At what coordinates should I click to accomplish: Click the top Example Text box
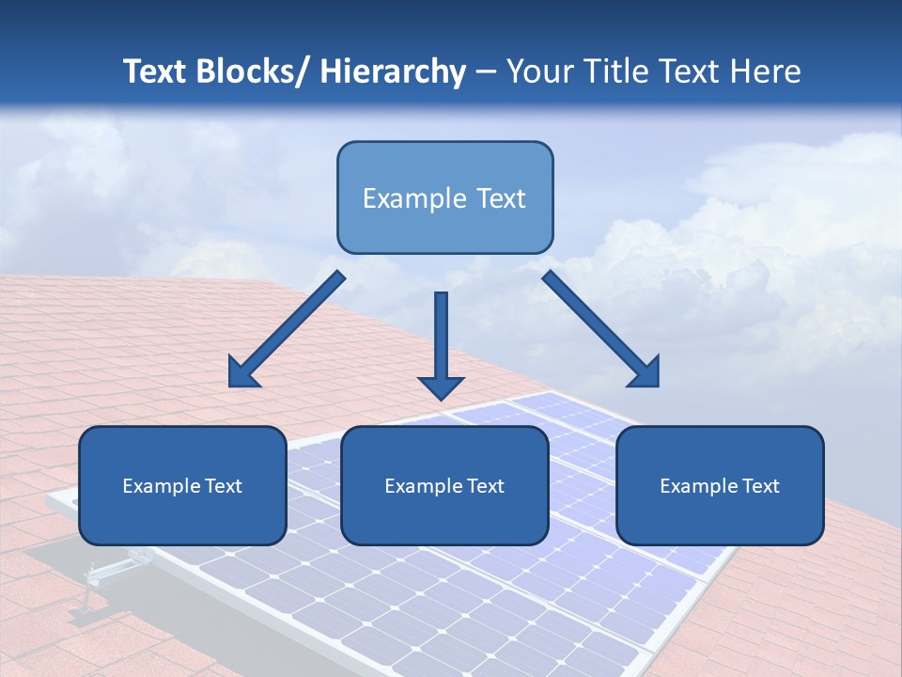pyautogui.click(x=444, y=197)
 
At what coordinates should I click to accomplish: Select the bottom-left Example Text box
pyautogui.click(x=182, y=485)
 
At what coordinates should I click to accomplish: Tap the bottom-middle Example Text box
pyautogui.click(x=444, y=485)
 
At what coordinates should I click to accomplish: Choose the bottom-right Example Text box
pyautogui.click(x=720, y=485)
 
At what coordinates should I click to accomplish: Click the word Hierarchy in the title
pyautogui.click(x=394, y=71)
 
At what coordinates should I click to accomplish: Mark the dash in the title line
pyautogui.click(x=486, y=72)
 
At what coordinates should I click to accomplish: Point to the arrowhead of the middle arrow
pyautogui.click(x=441, y=386)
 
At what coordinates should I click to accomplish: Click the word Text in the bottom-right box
pyautogui.click(x=760, y=485)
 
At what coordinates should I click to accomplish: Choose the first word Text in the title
pyautogui.click(x=156, y=71)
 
